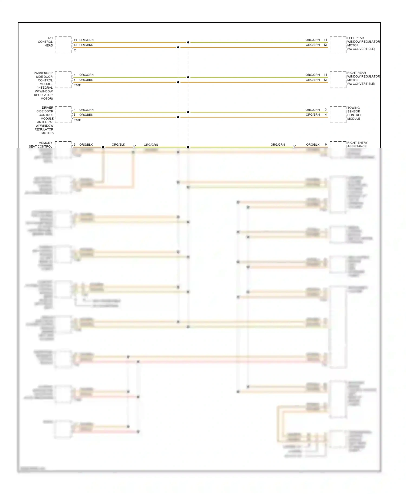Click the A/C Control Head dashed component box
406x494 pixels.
tap(63, 45)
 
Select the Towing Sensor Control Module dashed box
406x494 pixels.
tap(338, 115)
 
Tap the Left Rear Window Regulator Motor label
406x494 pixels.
tap(363, 43)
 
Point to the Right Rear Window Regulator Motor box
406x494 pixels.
tap(338, 80)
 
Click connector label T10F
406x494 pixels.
tap(77, 85)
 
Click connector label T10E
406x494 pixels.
tap(77, 120)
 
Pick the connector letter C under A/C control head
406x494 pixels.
tap(75, 50)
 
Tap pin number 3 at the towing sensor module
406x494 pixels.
tap(326, 109)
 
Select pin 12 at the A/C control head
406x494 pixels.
tap(76, 45)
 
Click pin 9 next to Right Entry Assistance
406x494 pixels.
tap(326, 145)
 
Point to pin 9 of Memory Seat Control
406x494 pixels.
tap(75, 145)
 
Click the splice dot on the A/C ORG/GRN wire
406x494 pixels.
tap(188, 42)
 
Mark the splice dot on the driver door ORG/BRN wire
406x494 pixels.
tap(178, 117)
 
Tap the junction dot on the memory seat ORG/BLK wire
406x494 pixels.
tap(103, 147)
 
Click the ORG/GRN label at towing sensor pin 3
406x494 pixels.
tap(312, 110)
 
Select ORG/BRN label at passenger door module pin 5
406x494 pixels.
tap(86, 80)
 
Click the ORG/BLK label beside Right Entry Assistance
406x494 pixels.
tap(313, 145)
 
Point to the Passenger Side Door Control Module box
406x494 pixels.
tap(63, 80)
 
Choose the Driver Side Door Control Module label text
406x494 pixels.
tap(45, 120)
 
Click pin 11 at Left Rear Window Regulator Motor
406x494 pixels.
tap(325, 40)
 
